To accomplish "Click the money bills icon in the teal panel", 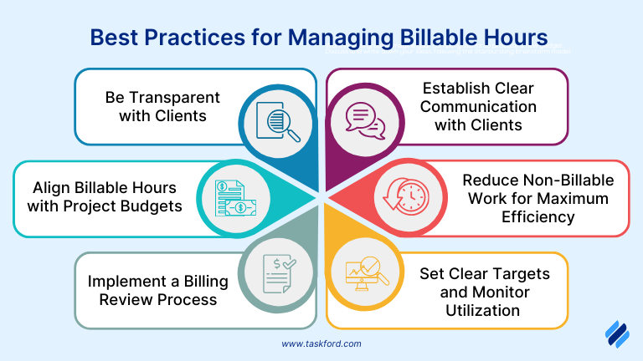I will point(232,198).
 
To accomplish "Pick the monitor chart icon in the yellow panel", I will point(366,274).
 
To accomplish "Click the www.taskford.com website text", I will point(322,343).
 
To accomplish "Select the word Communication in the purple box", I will point(478,106).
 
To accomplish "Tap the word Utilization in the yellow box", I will point(482,310).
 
